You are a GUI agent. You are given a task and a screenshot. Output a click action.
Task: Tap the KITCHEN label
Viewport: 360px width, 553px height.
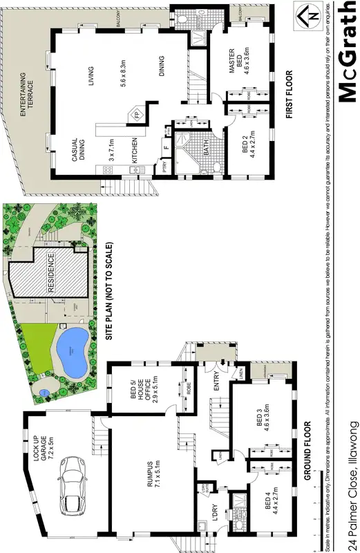(x=135, y=150)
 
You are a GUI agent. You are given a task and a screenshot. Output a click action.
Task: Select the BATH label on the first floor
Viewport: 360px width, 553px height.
(x=205, y=147)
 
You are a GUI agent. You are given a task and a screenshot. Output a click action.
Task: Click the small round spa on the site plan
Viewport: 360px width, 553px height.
(x=44, y=393)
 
